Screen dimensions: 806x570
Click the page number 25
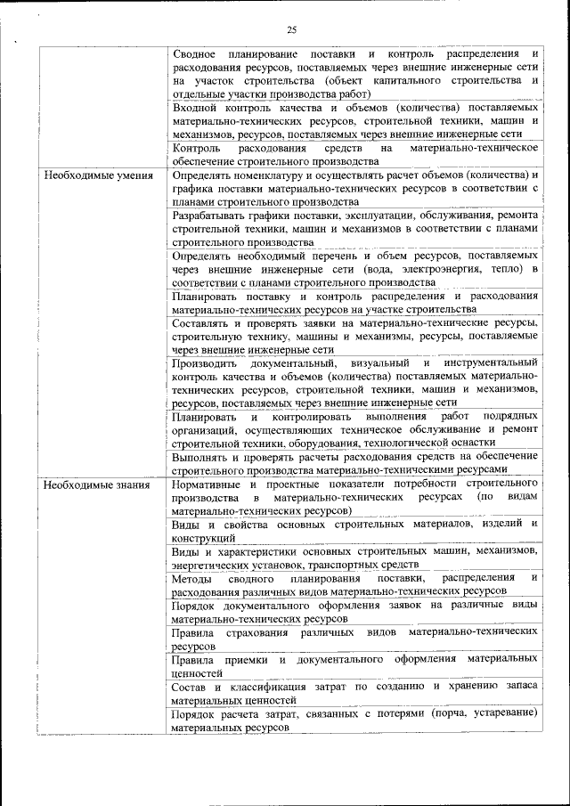pos(291,30)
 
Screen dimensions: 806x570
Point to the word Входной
pos(196,107)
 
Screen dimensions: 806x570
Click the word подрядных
pos(509,417)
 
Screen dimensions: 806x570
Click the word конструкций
pos(204,538)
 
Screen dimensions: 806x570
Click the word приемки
pos(245,658)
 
